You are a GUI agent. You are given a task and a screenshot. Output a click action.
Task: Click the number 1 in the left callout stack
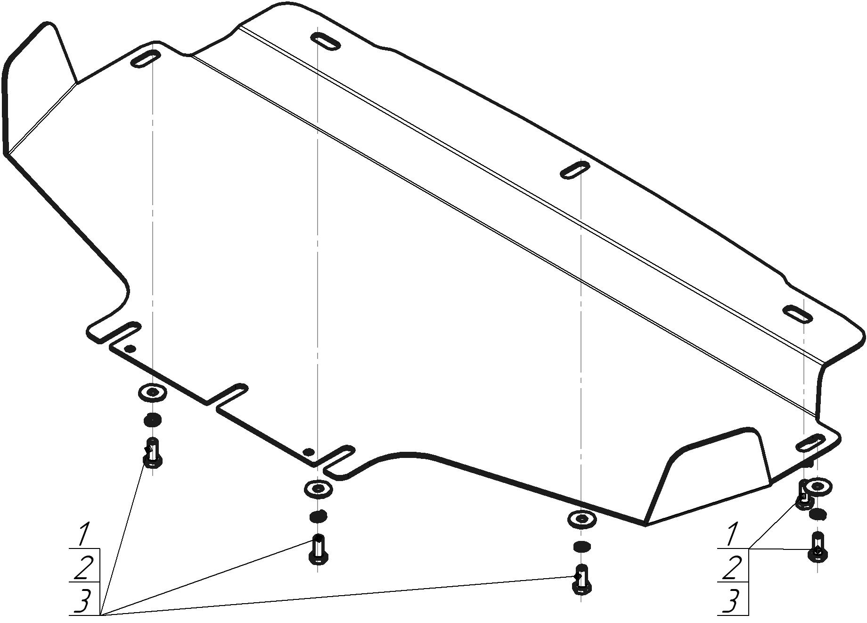(x=84, y=534)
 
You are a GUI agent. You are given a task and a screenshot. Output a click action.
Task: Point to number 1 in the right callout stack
(x=732, y=534)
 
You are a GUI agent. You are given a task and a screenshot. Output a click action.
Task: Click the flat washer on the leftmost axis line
(x=152, y=392)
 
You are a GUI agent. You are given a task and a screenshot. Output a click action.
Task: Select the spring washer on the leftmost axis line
(x=152, y=419)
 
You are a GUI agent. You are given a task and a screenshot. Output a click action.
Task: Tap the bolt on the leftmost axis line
(x=153, y=453)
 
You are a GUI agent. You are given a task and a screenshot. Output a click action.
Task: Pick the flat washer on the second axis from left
(x=318, y=489)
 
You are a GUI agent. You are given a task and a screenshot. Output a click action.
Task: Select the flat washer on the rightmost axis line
(x=818, y=487)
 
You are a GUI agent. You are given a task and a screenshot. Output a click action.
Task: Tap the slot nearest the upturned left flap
(x=146, y=59)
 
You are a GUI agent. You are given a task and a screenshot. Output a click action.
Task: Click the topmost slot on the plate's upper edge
(x=326, y=42)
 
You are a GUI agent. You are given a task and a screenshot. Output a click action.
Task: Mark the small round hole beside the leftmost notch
(x=131, y=349)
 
